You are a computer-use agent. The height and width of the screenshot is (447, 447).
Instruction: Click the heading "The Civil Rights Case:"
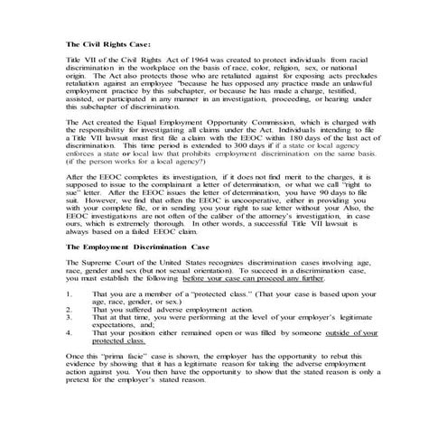107,44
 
